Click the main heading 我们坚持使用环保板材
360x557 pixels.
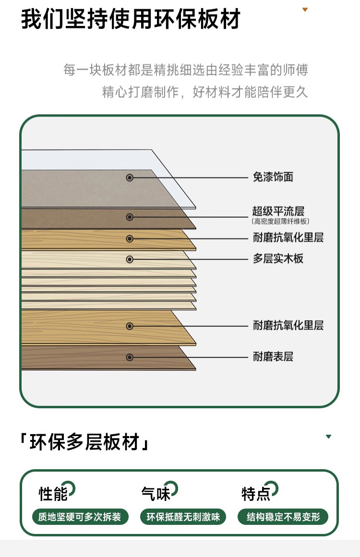131,20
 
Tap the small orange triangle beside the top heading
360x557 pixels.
304,10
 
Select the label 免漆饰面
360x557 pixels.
273,178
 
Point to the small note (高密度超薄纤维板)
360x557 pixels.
281,221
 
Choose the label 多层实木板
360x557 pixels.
278,259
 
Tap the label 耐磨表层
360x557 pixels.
273,357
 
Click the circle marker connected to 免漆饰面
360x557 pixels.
130,178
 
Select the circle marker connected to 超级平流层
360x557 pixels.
130,217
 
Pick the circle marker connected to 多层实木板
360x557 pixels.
130,259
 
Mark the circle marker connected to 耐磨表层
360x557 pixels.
130,357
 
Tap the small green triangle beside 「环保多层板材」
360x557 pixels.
328,437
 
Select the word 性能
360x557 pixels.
53,493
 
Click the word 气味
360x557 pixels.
156,493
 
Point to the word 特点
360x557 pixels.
256,493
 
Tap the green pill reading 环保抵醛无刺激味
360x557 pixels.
183,517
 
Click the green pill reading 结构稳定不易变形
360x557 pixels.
283,517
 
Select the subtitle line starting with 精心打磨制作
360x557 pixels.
204,92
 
